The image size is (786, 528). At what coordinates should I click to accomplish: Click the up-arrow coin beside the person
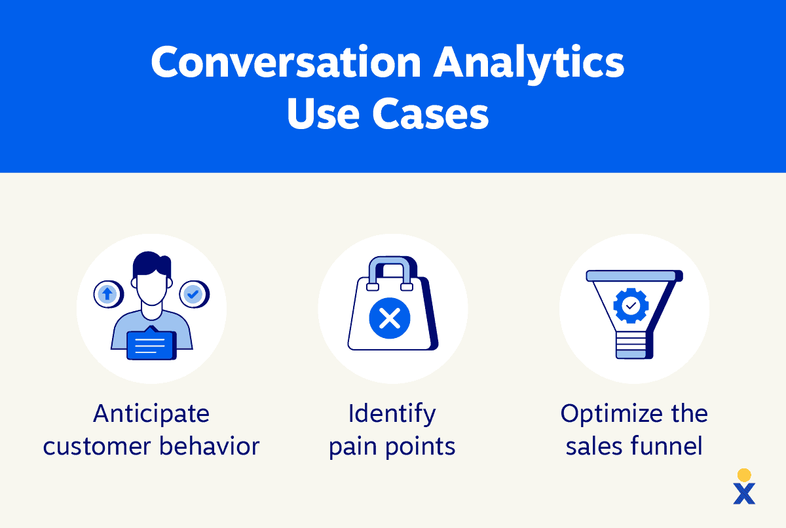pyautogui.click(x=107, y=294)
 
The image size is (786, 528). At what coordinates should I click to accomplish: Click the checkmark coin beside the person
pyautogui.click(x=193, y=294)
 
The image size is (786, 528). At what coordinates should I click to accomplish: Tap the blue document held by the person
pyautogui.click(x=151, y=345)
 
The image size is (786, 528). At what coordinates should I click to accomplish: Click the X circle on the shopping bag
pyautogui.click(x=390, y=319)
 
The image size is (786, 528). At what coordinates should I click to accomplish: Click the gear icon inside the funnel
pyautogui.click(x=630, y=305)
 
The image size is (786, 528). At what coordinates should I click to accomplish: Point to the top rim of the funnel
pyautogui.click(x=634, y=276)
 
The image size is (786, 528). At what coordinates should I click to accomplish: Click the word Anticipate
pyautogui.click(x=151, y=413)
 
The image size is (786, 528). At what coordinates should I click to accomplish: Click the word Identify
pyautogui.click(x=392, y=413)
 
